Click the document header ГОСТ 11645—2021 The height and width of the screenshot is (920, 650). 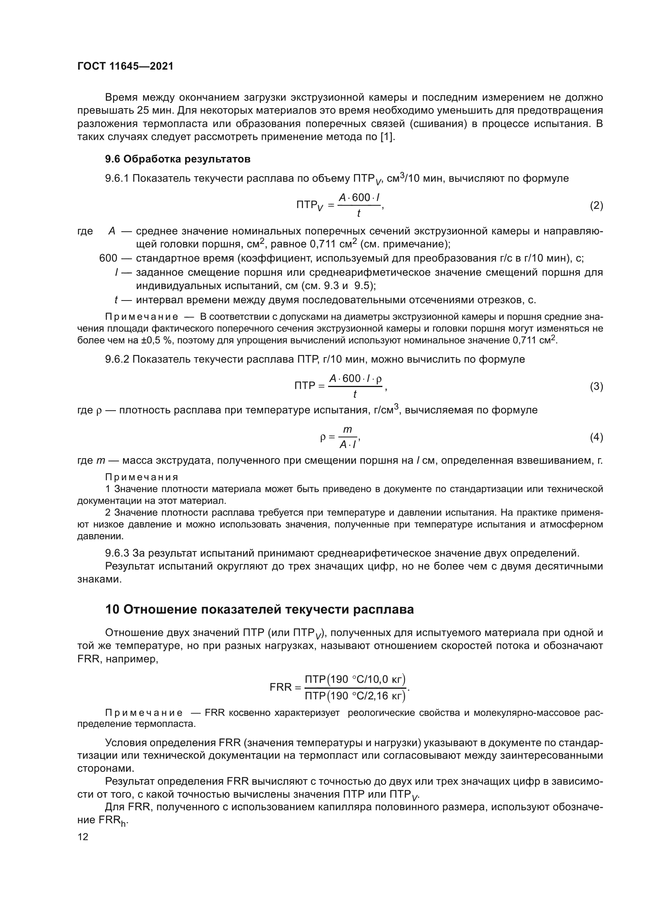pos(125,66)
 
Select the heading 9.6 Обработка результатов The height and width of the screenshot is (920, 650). pos(178,159)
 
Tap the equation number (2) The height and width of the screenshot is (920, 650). pos(597,206)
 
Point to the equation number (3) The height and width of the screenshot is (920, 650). pos(597,387)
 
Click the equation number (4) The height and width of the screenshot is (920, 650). pos(597,437)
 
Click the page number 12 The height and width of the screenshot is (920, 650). pos(83,837)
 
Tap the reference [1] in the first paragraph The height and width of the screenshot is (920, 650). pos(387,137)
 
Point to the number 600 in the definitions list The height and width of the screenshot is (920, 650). pos(108,258)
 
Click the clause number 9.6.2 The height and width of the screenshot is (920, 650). pos(117,360)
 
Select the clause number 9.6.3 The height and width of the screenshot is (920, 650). pos(117,553)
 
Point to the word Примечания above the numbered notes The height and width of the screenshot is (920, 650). pos(142,477)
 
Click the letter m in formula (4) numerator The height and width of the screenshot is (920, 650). pos(347,430)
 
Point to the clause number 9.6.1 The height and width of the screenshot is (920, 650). pos(117,178)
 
